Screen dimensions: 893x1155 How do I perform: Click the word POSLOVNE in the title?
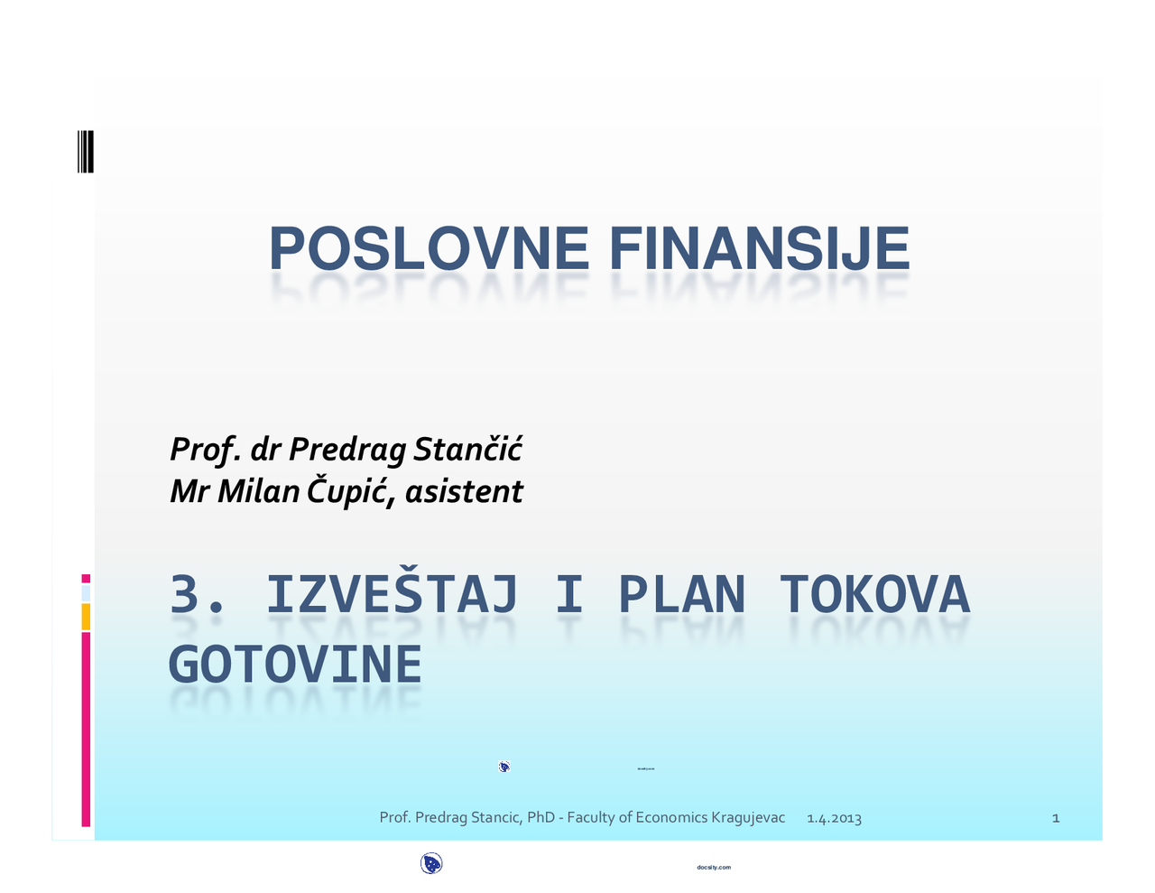click(429, 249)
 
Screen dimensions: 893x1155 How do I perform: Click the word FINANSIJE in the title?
click(760, 249)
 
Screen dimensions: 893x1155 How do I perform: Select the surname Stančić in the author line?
click(467, 449)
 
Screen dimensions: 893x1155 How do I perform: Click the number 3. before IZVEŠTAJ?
click(197, 595)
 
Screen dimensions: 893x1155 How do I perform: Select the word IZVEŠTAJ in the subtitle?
click(392, 595)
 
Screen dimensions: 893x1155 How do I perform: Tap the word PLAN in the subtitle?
click(681, 595)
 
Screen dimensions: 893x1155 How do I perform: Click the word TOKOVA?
click(874, 595)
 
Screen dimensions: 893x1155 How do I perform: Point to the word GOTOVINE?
click(295, 665)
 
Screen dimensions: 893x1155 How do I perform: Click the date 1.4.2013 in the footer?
click(834, 818)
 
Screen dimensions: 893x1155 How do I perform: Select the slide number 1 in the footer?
click(1056, 818)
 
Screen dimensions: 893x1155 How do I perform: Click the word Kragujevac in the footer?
click(748, 817)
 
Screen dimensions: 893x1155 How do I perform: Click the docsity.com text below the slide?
click(714, 868)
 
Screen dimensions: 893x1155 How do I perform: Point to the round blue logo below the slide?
click(431, 864)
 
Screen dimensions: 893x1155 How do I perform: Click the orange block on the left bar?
click(86, 617)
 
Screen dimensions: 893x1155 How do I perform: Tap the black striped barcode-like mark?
click(86, 152)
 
